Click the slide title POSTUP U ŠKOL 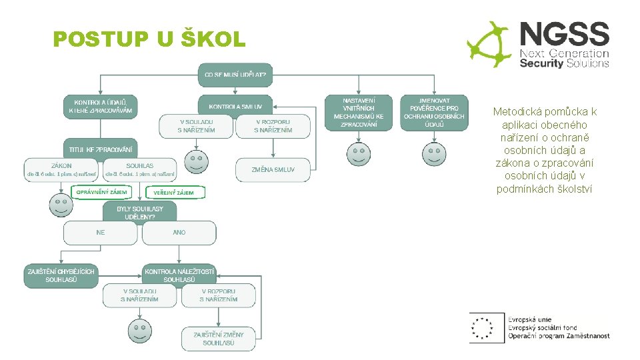pos(149,40)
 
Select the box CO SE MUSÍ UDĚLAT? pos(235,75)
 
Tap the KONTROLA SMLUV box pos(235,106)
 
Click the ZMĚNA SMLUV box pos(273,169)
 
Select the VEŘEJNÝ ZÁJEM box pos(174,193)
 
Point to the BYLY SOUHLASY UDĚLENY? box pos(139,213)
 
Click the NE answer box pos(101,233)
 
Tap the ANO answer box pos(179,233)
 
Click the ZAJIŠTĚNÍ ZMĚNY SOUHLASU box pos(218,339)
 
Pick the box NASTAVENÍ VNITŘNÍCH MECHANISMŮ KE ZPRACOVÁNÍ pos(359,112)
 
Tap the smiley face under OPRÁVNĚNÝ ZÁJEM pos(61,205)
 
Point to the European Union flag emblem pos(483,327)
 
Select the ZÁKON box pos(62,170)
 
